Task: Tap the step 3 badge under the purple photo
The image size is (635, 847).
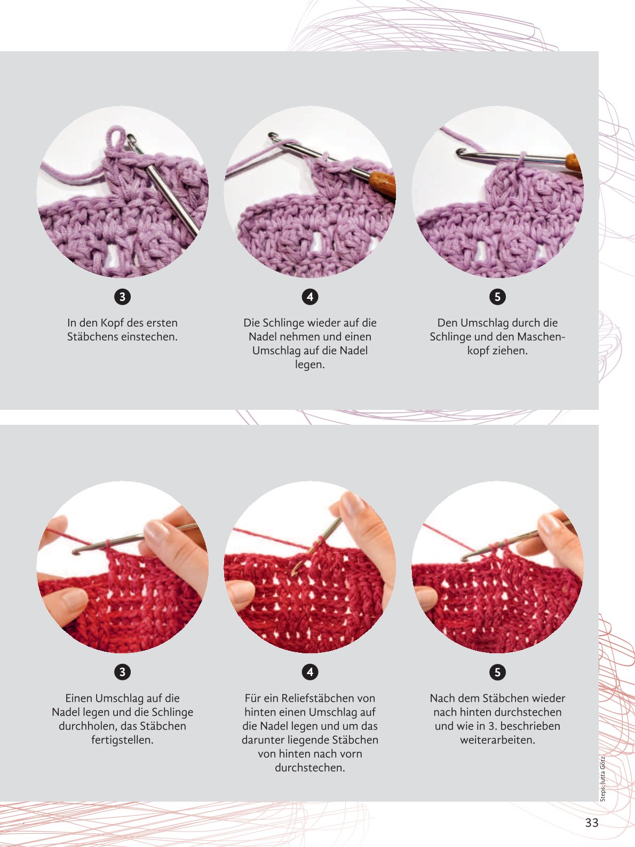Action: click(x=122, y=297)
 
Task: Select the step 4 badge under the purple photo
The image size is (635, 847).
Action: click(x=310, y=297)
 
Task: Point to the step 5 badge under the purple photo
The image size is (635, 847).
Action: click(x=497, y=297)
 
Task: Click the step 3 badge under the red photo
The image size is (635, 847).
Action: click(x=122, y=672)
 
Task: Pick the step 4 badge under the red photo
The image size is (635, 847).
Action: click(x=310, y=672)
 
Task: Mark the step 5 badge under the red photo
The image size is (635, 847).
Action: click(x=497, y=672)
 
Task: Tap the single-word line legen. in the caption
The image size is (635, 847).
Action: click(x=310, y=365)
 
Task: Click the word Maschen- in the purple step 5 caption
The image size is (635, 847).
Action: click(x=541, y=337)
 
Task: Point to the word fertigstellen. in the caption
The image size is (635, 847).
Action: click(x=122, y=740)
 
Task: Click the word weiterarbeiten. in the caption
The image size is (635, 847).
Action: click(x=497, y=740)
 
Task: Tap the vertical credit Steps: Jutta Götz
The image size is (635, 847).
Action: click(x=603, y=778)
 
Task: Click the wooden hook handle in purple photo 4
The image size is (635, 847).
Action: click(x=382, y=184)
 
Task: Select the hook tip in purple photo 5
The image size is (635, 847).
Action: click(x=460, y=153)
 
